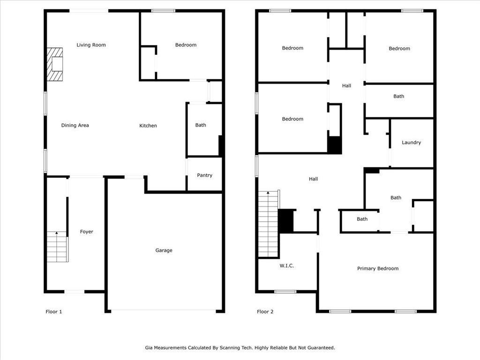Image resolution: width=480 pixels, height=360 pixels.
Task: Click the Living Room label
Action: (91, 45)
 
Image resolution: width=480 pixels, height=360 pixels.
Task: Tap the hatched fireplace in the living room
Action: (55, 64)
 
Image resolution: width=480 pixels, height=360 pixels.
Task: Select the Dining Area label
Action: (75, 125)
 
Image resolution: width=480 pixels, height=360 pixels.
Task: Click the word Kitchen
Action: (148, 126)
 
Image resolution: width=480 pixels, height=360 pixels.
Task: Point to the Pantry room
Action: (204, 175)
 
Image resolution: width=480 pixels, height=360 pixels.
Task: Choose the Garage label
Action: (164, 250)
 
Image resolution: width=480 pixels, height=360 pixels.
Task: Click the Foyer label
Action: (87, 232)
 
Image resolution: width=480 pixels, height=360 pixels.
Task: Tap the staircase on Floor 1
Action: (57, 247)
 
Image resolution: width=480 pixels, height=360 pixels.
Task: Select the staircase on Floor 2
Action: (269, 224)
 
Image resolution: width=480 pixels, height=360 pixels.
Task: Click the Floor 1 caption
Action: (54, 312)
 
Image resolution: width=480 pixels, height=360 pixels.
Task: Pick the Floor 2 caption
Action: (265, 312)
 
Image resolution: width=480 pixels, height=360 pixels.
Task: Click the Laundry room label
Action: (411, 142)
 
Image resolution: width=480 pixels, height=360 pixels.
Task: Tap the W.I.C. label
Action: (286, 266)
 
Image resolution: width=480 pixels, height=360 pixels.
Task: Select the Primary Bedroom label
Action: (378, 269)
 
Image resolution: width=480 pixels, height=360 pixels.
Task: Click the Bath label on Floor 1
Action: (201, 125)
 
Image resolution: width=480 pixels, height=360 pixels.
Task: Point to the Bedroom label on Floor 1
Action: (186, 45)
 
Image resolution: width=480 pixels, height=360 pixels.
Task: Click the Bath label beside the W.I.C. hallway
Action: (362, 219)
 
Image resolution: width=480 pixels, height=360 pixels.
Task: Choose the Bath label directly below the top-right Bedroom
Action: (398, 96)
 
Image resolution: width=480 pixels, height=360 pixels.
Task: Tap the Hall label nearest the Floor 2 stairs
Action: (313, 179)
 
